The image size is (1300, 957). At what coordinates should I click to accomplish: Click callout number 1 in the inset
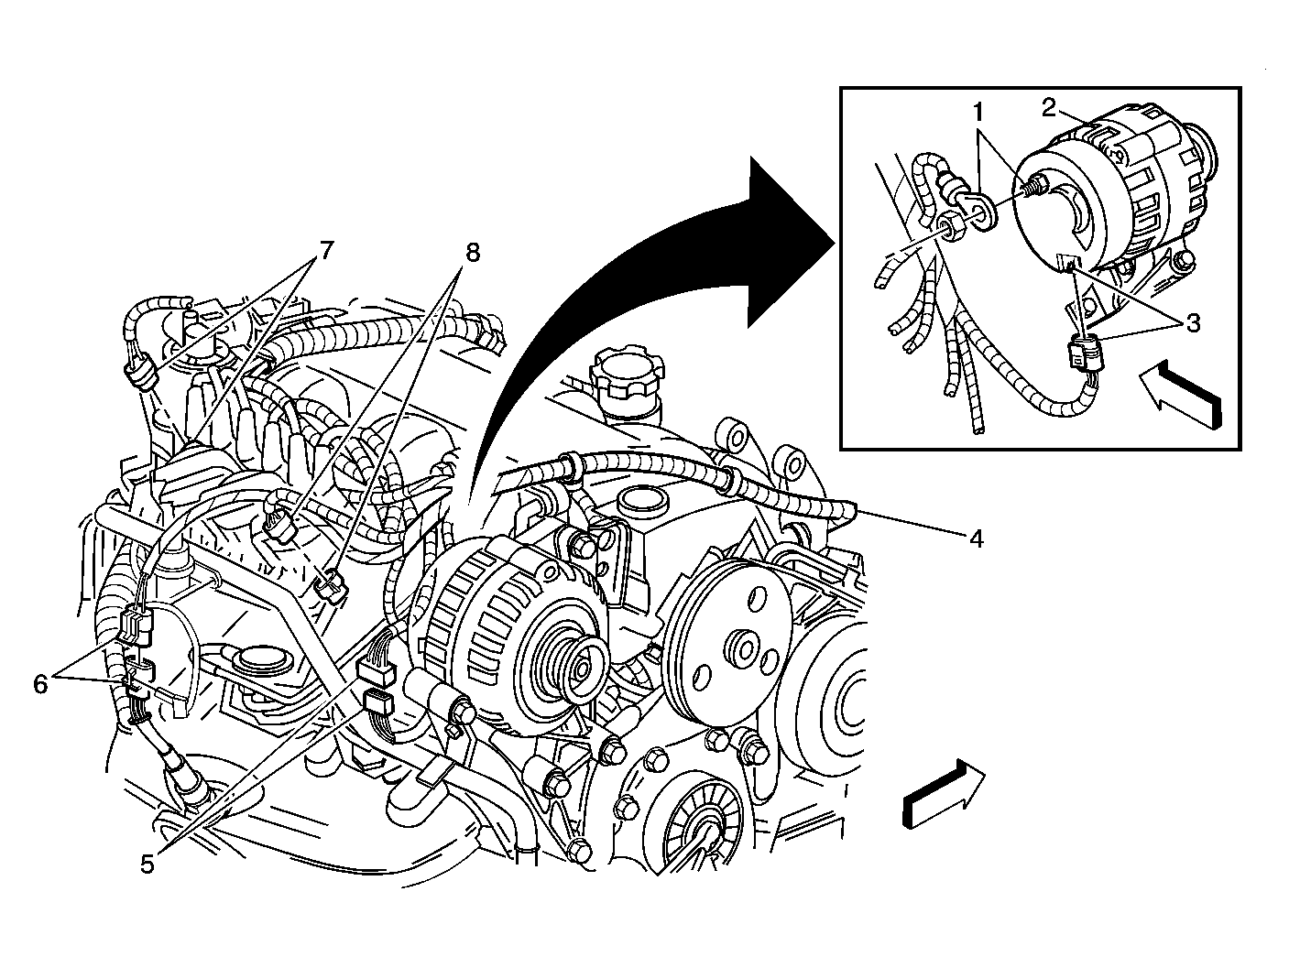[978, 114]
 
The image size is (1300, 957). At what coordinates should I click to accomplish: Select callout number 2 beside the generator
[1050, 107]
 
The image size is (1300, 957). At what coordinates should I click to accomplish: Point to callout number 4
[977, 538]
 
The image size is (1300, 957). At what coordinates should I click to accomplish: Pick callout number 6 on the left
[39, 684]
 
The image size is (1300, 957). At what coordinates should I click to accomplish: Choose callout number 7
[325, 250]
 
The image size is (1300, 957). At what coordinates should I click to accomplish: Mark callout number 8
[472, 253]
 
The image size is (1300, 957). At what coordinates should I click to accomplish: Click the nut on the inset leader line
[949, 227]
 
